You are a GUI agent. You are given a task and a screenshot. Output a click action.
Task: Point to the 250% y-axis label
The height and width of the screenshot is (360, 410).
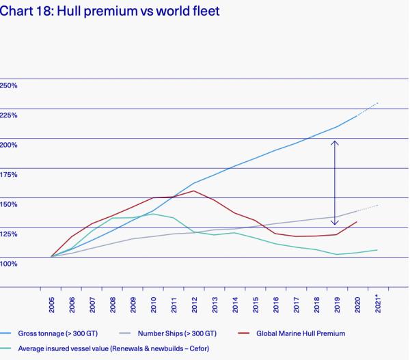(9, 85)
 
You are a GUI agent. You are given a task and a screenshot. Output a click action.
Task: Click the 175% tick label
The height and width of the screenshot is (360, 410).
(9, 174)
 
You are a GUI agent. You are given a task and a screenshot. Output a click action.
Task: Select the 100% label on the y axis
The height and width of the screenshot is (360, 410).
(9, 263)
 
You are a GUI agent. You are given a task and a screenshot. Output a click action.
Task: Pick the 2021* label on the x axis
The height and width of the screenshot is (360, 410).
(377, 303)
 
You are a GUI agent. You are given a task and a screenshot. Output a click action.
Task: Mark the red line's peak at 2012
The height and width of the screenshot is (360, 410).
(194, 191)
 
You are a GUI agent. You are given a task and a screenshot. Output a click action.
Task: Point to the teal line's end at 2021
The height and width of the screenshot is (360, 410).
(377, 250)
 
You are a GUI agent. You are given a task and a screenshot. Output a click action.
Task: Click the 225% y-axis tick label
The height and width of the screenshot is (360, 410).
(9, 115)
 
